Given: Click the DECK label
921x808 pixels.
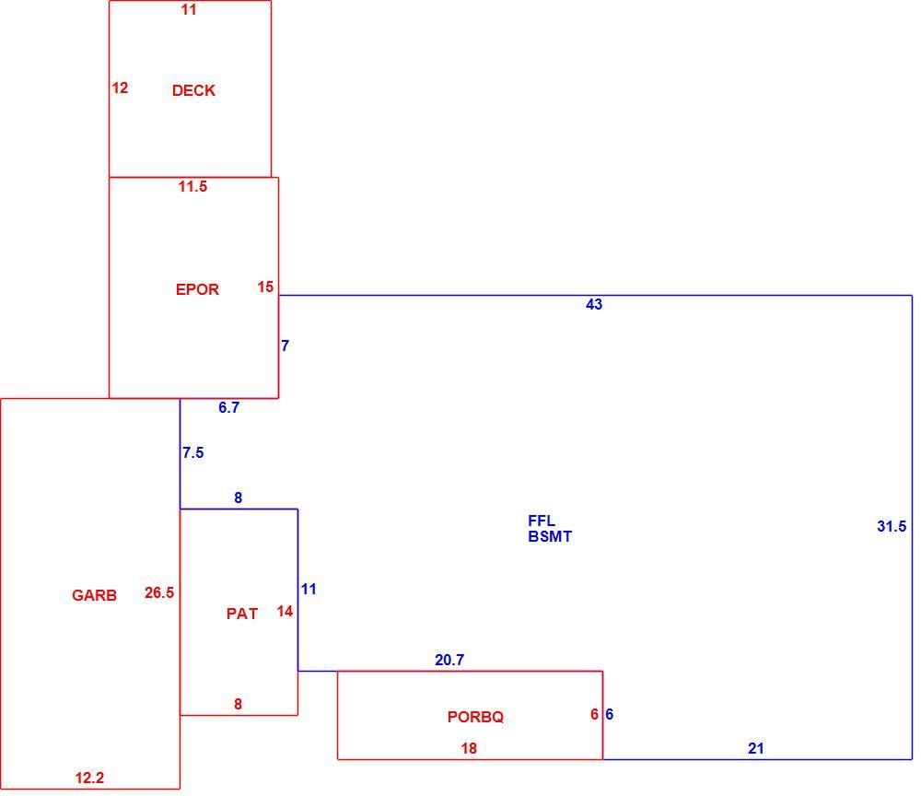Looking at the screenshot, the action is tap(193, 90).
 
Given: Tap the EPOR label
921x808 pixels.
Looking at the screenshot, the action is tap(197, 289).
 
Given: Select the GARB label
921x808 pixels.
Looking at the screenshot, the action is tap(94, 595).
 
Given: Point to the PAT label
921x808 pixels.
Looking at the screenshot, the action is tap(242, 614).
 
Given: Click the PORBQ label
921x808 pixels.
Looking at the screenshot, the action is tap(476, 717).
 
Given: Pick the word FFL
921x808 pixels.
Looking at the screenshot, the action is tap(542, 521).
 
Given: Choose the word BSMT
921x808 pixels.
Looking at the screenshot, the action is tap(550, 536).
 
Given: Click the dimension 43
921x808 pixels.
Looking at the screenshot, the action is tap(594, 304).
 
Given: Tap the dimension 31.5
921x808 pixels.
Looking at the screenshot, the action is tap(892, 526).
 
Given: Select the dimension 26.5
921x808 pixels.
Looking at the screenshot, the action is tap(159, 593).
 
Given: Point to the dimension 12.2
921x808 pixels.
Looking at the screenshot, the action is tap(89, 778).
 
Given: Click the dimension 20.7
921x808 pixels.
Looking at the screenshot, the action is tap(449, 660).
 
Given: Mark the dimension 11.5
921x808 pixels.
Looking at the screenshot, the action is tap(192, 186).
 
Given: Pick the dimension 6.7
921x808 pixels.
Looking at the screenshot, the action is tap(228, 407).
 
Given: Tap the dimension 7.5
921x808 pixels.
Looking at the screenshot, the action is tap(192, 452).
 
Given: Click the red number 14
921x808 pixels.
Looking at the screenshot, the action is tap(285, 612).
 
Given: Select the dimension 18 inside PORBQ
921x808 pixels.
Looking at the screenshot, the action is tap(469, 749).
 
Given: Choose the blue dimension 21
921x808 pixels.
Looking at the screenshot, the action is tap(756, 749).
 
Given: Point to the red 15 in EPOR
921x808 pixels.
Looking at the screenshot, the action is tap(265, 287).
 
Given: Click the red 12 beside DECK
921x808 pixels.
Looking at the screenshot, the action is tap(120, 88).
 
